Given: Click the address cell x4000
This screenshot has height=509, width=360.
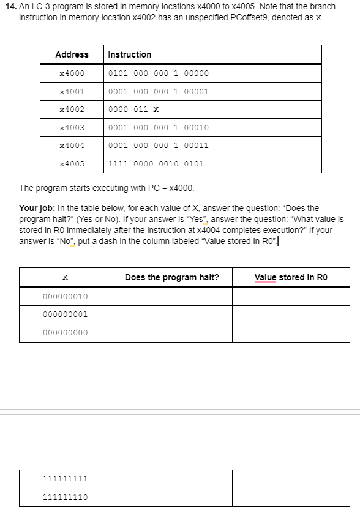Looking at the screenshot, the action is [72, 73].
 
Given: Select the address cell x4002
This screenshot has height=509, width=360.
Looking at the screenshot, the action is [72, 110].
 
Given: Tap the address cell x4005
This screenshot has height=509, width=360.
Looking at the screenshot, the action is [72, 164].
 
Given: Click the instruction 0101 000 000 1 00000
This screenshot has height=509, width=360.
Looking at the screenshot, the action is [158, 73].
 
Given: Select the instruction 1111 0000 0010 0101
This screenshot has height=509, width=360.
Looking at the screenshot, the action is [156, 164].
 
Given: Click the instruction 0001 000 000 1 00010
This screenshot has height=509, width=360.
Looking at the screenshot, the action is [158, 128].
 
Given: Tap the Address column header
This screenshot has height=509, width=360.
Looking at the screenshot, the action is [72, 54].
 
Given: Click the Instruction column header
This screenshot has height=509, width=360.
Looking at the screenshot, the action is [129, 54].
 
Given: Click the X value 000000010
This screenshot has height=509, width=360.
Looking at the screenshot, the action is [65, 297].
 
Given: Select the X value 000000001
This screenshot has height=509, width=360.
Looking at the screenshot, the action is [65, 314].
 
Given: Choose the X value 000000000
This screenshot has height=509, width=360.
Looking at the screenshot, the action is [65, 333].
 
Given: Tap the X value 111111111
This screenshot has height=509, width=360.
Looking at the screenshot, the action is [65, 479].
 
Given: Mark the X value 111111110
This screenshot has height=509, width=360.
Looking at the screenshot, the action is [65, 497].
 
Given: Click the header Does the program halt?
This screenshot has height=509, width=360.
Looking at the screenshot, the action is [171, 277].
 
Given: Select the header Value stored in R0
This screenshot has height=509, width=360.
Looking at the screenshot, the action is [291, 277].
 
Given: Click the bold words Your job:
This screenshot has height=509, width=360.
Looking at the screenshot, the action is [38, 209].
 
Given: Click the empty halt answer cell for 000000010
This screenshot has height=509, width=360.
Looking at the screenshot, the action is [171, 297].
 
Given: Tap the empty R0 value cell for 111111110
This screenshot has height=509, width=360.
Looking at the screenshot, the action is [291, 497].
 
